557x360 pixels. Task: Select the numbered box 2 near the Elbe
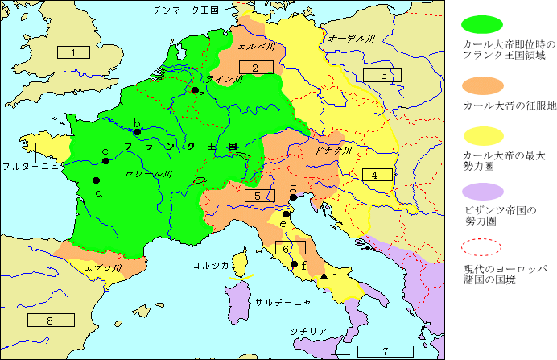[x=254, y=68]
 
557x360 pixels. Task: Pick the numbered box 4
[x=375, y=175]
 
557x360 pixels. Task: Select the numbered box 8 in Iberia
[x=50, y=320]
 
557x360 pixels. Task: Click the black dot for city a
[x=195, y=90]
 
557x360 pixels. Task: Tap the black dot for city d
[x=96, y=180]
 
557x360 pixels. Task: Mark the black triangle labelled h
[x=324, y=276]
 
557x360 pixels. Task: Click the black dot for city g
[x=293, y=197]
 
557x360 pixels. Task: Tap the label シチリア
[x=309, y=331]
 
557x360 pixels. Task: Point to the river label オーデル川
[x=349, y=38]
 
